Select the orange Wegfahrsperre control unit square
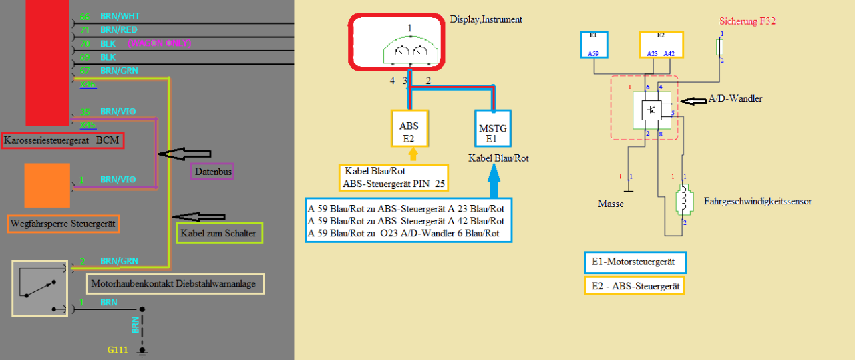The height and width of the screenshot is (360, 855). click(47, 185)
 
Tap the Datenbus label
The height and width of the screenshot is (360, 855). click(212, 172)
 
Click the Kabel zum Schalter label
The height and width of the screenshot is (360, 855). click(218, 233)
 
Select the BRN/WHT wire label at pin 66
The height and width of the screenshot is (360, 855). click(120, 16)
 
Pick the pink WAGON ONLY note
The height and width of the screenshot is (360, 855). click(159, 43)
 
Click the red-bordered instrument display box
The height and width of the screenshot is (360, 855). click(396, 41)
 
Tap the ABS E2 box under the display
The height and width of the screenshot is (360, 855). click(409, 128)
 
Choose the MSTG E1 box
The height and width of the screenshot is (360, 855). click(493, 128)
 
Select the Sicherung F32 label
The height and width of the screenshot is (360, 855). click(747, 21)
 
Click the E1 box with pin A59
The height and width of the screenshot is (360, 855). click(594, 44)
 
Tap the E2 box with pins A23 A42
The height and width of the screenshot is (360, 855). click(661, 44)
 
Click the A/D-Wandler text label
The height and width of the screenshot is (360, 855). click(737, 99)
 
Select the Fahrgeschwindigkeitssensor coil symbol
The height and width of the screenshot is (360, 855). click(683, 199)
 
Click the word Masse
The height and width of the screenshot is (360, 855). click(611, 204)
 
